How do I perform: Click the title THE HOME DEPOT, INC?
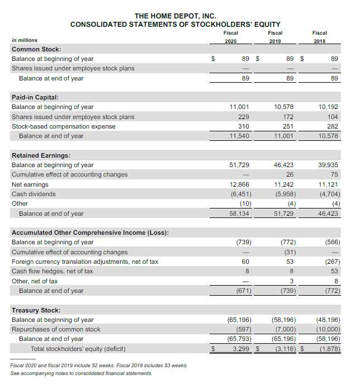point(175,16)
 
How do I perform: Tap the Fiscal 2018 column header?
point(319,36)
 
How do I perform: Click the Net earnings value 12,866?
point(239,184)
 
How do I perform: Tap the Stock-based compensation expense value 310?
point(243,126)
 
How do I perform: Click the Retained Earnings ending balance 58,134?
point(239,214)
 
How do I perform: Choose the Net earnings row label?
point(30,184)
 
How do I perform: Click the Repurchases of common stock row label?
point(56,329)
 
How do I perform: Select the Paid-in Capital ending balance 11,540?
point(239,136)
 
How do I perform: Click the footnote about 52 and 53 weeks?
point(98,365)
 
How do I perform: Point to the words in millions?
point(25,40)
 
